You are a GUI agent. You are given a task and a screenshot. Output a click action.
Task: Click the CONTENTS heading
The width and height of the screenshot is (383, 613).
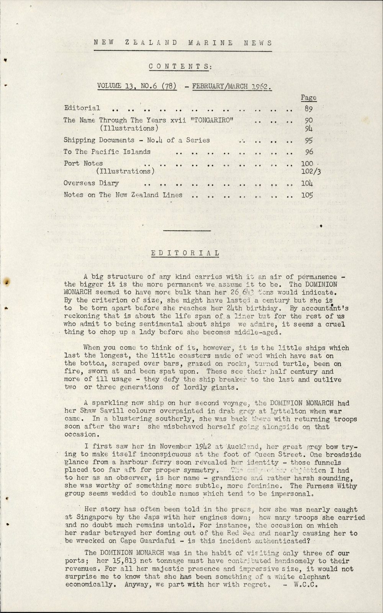click(179, 66)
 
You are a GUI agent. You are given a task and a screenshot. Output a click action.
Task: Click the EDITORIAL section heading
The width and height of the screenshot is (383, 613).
click(185, 253)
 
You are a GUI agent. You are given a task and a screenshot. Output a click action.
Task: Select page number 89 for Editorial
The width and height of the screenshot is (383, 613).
click(309, 109)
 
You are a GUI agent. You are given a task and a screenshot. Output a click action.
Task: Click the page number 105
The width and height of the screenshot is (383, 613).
click(308, 195)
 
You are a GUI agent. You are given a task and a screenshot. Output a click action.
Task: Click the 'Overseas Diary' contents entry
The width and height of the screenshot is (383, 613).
click(91, 183)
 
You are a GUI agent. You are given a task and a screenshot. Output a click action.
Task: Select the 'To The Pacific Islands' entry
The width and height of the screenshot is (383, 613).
click(107, 152)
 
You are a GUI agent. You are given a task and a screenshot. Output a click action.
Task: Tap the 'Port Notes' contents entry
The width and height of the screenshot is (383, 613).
click(83, 163)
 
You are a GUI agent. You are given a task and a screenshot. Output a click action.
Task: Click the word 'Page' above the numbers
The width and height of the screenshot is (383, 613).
click(309, 98)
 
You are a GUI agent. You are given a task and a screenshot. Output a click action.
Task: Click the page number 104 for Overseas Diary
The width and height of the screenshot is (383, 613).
click(307, 183)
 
